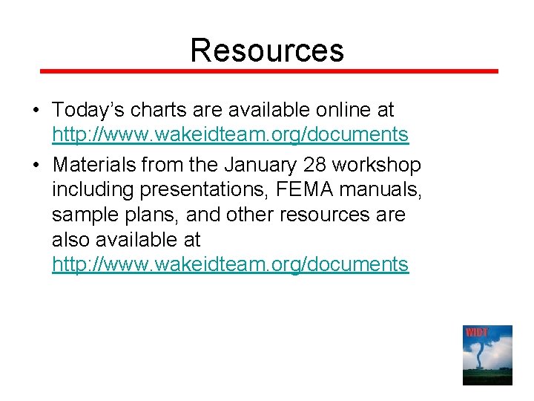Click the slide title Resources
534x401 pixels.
coord(267,50)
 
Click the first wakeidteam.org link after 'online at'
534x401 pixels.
coord(230,134)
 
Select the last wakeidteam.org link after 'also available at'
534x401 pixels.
coord(230,264)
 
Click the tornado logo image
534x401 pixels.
coord(487,355)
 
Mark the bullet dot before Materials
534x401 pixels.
coord(36,165)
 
